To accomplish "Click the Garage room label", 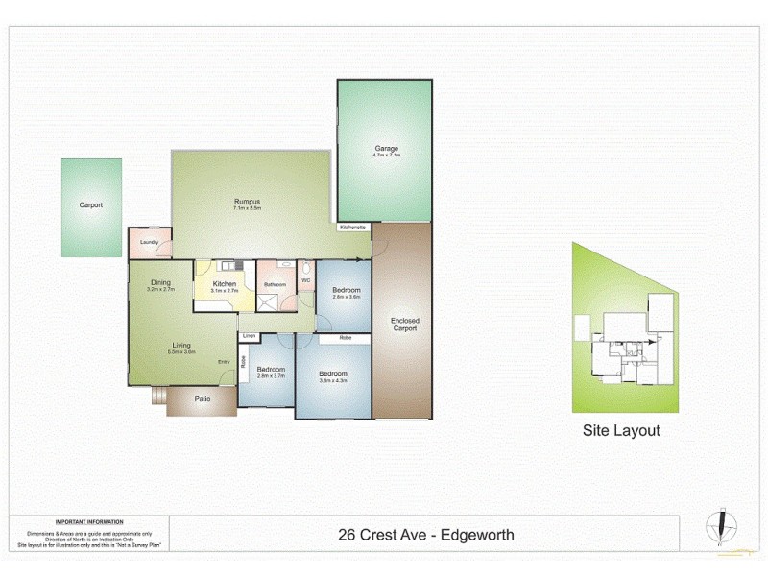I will pyautogui.click(x=386, y=149).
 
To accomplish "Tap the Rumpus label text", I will pyautogui.click(x=248, y=201).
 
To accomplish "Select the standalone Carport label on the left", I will pyautogui.click(x=91, y=204).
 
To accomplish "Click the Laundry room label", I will pyautogui.click(x=149, y=242).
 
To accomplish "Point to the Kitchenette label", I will pyautogui.click(x=352, y=228).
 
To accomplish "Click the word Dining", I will pyautogui.click(x=159, y=282).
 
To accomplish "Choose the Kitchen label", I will pyautogui.click(x=224, y=284).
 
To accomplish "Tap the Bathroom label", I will pyautogui.click(x=276, y=284).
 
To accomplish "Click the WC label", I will pyautogui.click(x=306, y=280).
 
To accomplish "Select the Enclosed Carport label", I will pyautogui.click(x=404, y=324).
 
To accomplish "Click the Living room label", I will pyautogui.click(x=181, y=346).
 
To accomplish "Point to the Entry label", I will pyautogui.click(x=224, y=361).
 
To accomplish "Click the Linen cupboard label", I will pyautogui.click(x=250, y=336).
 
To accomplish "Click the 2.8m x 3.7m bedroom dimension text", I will pyautogui.click(x=271, y=376).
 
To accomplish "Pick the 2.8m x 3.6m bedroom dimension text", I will pyautogui.click(x=346, y=297).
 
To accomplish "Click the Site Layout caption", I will pyautogui.click(x=621, y=431).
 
